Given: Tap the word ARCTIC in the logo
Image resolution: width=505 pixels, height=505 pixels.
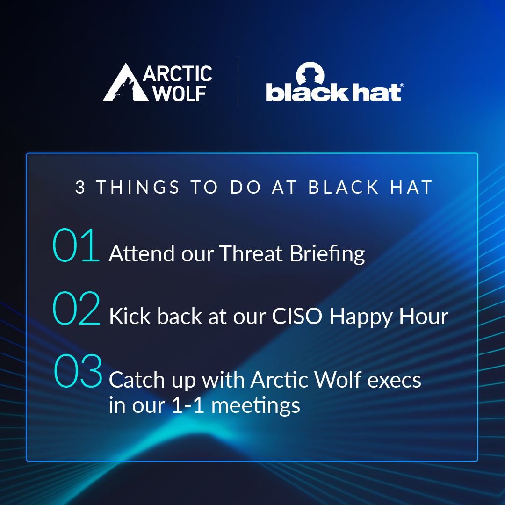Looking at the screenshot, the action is coord(178,74).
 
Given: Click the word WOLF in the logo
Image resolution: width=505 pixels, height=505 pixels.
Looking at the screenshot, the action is coord(180,94).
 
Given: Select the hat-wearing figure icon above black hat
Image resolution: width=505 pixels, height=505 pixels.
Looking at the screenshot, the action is coord(310,74).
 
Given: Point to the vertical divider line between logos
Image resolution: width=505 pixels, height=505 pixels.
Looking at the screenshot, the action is coord(238,82).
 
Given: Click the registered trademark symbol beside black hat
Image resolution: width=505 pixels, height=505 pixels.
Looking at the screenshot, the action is coord(402,86).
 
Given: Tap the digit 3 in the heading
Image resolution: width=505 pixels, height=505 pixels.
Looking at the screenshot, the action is coord(80,187).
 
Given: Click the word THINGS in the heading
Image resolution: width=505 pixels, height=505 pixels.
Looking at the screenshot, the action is coord(138,187).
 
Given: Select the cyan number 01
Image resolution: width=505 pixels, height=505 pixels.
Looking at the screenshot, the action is coord(76,245).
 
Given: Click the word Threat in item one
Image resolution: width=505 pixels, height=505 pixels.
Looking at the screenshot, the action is coord(251,253).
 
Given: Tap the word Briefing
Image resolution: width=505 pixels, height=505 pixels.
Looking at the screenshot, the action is coord(327,254).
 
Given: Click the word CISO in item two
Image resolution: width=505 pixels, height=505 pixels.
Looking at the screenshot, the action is coord(297,316).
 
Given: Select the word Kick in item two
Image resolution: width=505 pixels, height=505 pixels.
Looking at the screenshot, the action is coord(130,316).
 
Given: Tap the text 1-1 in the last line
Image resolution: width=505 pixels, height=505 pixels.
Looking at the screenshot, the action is coord(188,405).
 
